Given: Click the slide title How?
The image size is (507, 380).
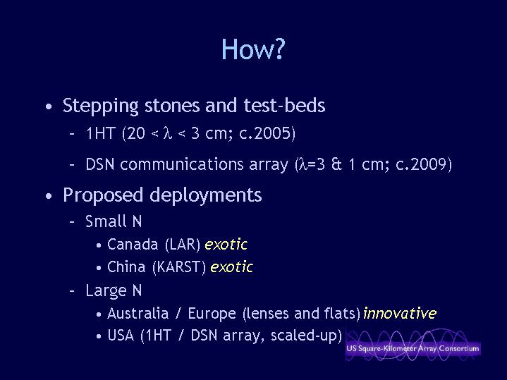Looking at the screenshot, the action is point(253,49).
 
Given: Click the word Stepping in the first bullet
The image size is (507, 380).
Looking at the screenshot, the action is point(101,106).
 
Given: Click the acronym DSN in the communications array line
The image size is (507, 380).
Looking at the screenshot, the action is point(100,164).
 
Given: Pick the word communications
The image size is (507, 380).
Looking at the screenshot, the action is point(182,164).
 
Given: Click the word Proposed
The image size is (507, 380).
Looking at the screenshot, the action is point(103,195).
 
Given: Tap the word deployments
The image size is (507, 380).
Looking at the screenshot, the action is point(206,195).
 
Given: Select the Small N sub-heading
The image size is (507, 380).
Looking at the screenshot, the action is point(114,221).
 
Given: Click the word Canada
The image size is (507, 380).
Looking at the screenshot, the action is point(133,244).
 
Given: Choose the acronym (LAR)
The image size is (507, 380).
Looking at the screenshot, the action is point(183,245).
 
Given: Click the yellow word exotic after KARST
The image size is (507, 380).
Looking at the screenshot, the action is point(231,267).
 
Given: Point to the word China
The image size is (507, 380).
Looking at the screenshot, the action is point(126,267).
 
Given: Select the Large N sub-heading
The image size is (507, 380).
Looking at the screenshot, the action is point(114,290).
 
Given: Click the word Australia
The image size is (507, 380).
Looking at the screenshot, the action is point(138,314).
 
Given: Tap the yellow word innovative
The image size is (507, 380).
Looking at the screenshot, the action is point(400,314).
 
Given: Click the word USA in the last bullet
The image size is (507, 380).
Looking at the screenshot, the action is point(121,336).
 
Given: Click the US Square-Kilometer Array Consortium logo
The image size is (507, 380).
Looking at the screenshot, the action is point(413,345).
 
